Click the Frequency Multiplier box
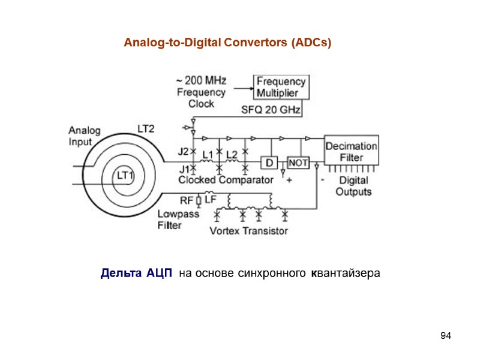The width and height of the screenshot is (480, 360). [x=281, y=87]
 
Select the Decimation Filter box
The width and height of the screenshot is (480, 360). [x=352, y=152]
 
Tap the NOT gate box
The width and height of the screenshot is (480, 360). [x=298, y=163]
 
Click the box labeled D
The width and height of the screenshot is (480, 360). [x=269, y=163]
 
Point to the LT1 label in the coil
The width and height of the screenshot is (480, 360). [x=126, y=176]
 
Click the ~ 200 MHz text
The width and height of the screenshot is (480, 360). [x=201, y=80]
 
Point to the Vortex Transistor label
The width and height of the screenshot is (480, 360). [x=248, y=230]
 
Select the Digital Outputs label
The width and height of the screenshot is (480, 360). [x=353, y=186]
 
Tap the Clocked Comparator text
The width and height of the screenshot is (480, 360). [x=226, y=179]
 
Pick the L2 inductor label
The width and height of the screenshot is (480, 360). [x=232, y=154]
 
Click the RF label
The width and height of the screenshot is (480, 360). [x=187, y=200]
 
